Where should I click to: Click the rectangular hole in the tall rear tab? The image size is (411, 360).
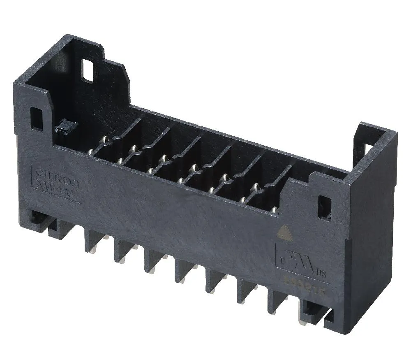[88, 70]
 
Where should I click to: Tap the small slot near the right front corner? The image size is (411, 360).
[325, 206]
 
